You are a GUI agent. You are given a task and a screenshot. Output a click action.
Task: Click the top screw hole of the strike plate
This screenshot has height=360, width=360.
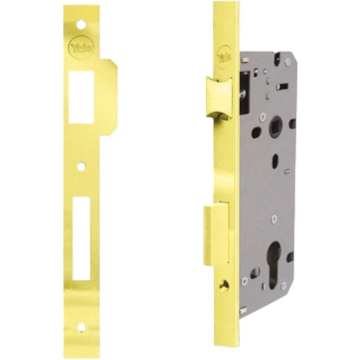tap(80, 25)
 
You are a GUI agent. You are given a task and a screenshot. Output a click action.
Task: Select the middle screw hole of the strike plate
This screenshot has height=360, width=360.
tap(80, 167)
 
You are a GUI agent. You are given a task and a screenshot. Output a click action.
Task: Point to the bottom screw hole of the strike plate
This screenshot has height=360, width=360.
tap(81, 327)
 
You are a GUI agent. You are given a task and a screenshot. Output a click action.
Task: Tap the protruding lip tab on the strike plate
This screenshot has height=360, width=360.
tap(108, 97)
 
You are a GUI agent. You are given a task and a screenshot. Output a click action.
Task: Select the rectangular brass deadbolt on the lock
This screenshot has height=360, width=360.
tap(216, 234)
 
